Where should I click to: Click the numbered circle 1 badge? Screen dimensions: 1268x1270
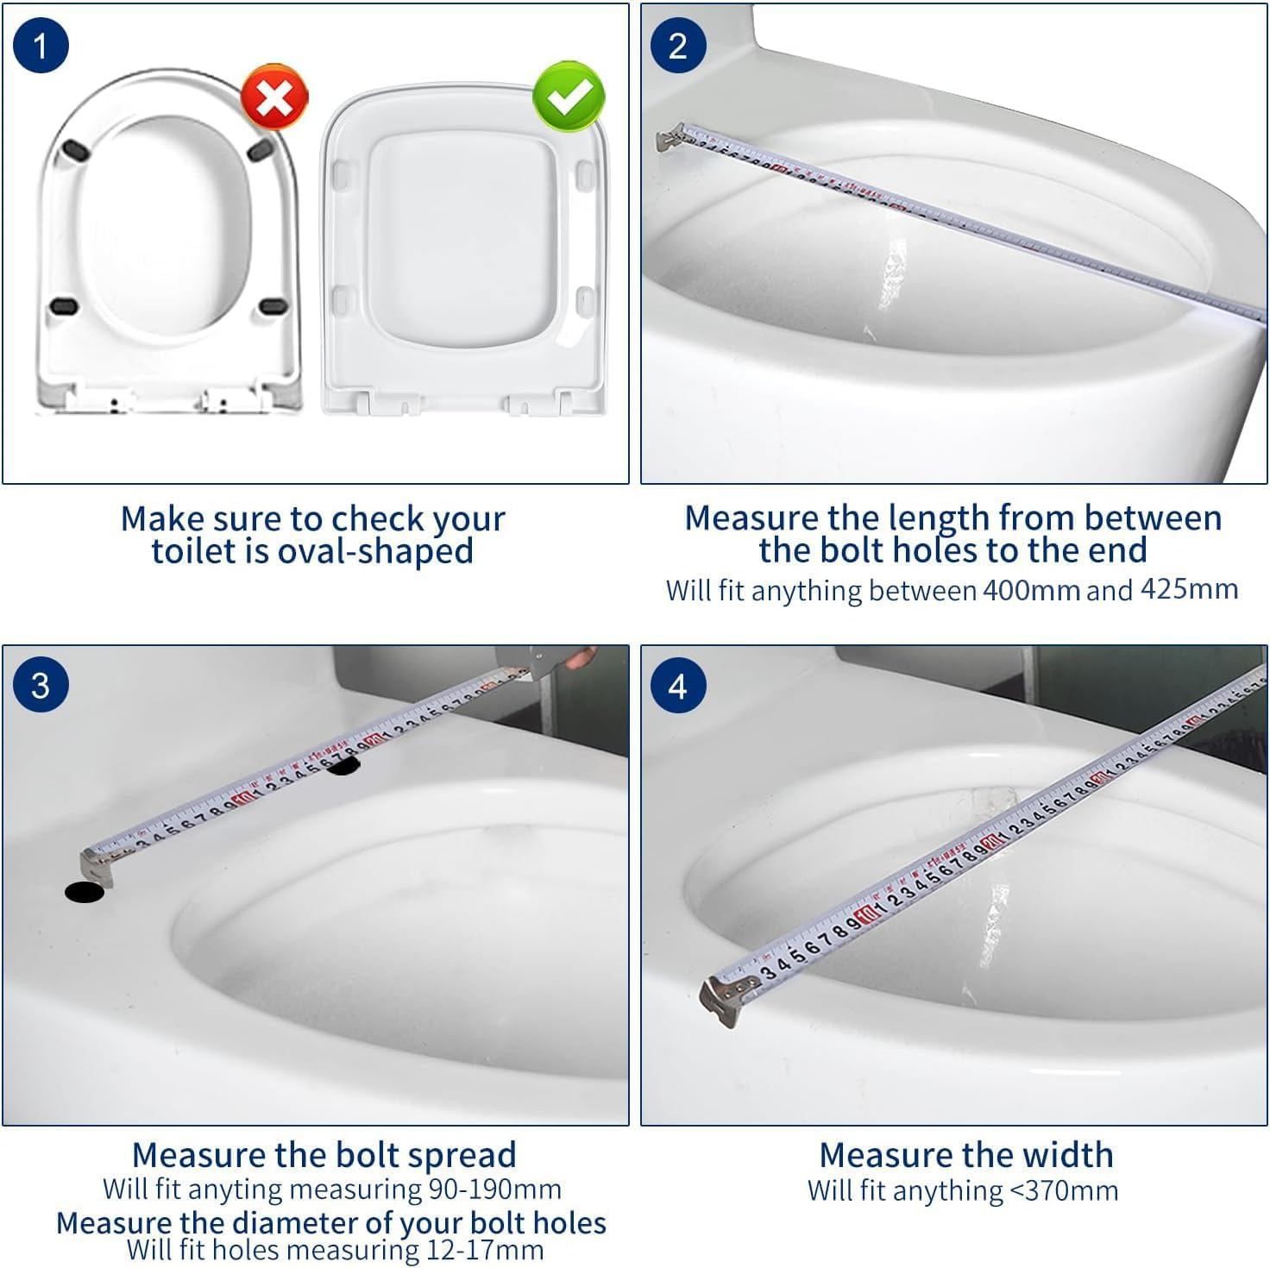tap(41, 46)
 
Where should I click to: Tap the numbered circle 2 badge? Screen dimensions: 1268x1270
tap(678, 46)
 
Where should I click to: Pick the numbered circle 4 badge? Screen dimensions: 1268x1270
tap(678, 687)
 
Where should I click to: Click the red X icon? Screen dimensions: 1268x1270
tap(274, 97)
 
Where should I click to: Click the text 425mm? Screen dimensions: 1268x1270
tap(1189, 589)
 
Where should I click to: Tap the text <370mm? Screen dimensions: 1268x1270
tap(1063, 1190)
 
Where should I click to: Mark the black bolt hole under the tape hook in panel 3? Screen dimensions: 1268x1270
tap(85, 892)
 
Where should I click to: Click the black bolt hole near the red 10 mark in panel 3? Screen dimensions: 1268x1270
tap(343, 766)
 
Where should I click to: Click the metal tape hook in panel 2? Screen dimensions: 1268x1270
tap(669, 137)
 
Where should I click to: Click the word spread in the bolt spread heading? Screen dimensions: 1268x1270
tap(462, 1155)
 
